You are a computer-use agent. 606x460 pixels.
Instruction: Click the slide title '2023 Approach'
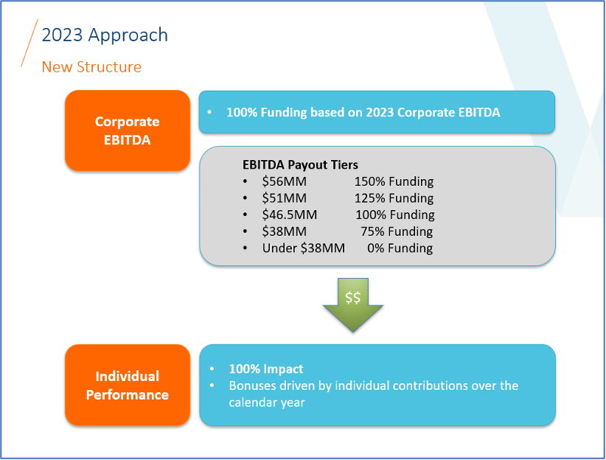[105, 35]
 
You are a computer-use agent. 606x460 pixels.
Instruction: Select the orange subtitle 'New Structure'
[91, 67]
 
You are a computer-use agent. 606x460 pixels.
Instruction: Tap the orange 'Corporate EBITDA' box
[127, 130]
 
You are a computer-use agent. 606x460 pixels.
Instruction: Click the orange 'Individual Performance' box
[127, 385]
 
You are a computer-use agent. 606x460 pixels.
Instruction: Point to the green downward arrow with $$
[352, 304]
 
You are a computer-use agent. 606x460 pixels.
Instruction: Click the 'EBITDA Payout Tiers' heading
[300, 165]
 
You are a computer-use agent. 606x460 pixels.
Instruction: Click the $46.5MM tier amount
[290, 215]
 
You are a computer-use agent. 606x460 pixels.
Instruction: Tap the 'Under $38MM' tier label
[303, 248]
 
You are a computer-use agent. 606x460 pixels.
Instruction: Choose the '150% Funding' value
[394, 181]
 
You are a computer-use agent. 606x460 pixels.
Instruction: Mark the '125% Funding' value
[394, 198]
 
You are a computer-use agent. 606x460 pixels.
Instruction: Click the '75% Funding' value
[397, 231]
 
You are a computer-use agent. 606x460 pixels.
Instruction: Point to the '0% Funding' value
[400, 248]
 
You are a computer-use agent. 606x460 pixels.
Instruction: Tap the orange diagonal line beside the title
[29, 43]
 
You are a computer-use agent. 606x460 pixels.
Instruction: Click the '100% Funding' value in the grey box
[394, 215]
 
